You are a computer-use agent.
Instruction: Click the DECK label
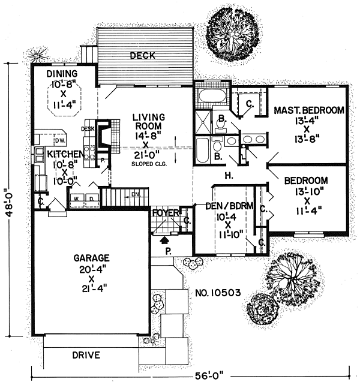click(x=143, y=56)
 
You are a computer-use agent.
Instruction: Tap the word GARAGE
click(x=91, y=258)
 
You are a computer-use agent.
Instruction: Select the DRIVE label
click(x=86, y=355)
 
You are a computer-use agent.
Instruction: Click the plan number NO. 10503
click(x=218, y=293)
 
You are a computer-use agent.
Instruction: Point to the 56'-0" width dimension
click(x=209, y=375)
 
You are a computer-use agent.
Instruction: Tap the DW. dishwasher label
click(x=60, y=140)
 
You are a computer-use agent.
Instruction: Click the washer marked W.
click(x=77, y=198)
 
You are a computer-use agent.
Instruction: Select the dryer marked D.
click(x=92, y=198)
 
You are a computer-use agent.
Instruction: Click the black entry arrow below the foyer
click(x=164, y=240)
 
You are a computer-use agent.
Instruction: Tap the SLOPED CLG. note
click(x=149, y=164)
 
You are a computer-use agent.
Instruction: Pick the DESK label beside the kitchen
click(x=88, y=129)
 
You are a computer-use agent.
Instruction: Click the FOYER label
click(x=166, y=213)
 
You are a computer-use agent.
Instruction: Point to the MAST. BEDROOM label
click(x=309, y=110)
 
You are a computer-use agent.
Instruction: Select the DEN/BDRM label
click(x=229, y=206)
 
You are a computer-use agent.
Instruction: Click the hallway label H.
click(x=229, y=175)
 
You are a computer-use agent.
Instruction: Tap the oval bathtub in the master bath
click(x=212, y=96)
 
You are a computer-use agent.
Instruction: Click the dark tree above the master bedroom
click(x=232, y=35)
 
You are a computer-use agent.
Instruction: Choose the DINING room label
click(x=62, y=74)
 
